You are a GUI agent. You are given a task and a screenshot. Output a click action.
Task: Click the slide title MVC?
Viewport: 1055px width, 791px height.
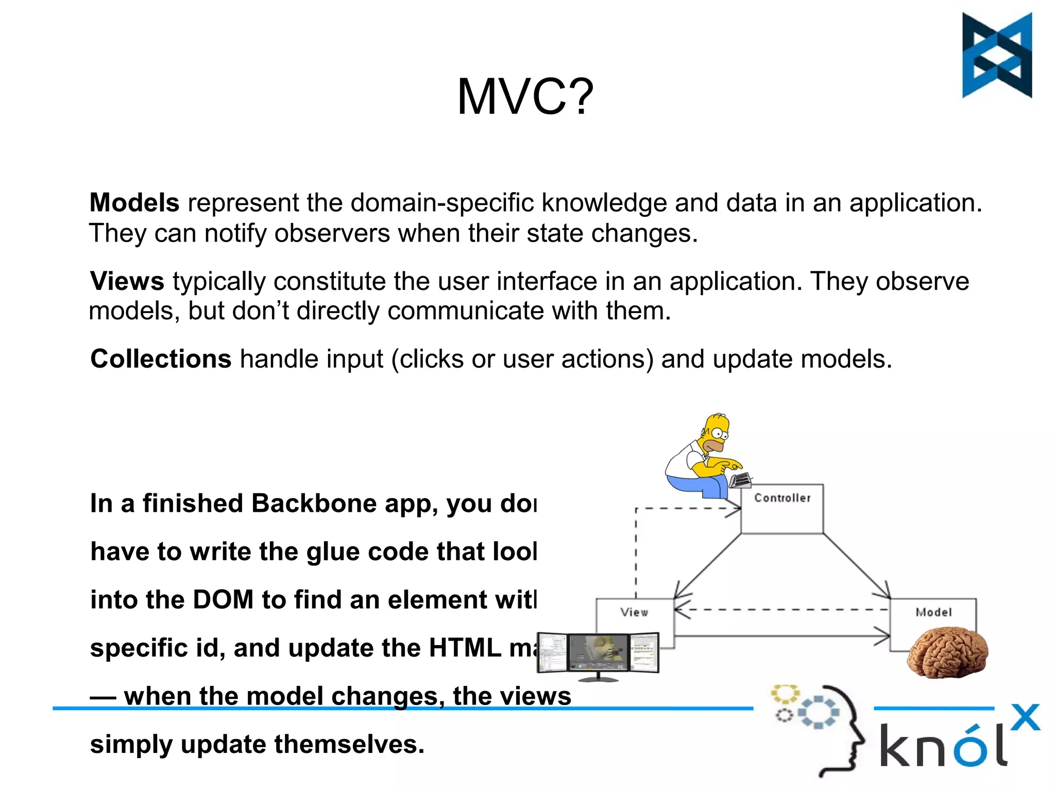(x=525, y=97)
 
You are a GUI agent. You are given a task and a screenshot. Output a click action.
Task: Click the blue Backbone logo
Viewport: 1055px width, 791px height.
(x=997, y=55)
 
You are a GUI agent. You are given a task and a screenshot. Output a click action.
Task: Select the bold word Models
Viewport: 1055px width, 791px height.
(x=134, y=202)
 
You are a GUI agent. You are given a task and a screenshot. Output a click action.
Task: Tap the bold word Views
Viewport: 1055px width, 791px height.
(x=127, y=281)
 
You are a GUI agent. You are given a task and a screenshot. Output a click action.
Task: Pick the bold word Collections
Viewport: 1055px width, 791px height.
(x=161, y=359)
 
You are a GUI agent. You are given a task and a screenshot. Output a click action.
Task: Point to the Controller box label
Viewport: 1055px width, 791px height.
(x=782, y=498)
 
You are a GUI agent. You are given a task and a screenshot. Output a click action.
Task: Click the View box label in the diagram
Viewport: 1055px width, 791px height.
(x=634, y=612)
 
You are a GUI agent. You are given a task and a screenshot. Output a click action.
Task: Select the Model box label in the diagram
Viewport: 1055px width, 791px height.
(x=933, y=612)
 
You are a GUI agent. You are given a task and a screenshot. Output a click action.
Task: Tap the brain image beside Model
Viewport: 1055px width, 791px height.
(x=948, y=651)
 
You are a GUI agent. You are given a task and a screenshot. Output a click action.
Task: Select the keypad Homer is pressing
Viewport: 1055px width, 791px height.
(x=741, y=480)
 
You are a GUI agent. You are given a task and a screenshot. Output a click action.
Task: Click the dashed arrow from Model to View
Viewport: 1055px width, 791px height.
(x=783, y=610)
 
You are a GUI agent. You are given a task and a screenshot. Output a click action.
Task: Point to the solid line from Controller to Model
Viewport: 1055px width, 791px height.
(x=855, y=565)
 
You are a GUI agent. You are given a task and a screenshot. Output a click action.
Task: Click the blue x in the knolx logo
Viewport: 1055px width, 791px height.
(x=1025, y=717)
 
